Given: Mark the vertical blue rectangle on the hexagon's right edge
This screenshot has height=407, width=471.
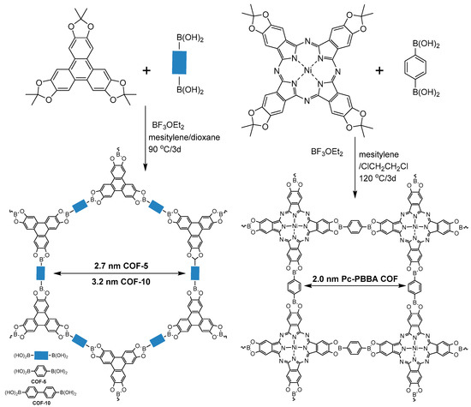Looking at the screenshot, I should (x=196, y=272).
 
